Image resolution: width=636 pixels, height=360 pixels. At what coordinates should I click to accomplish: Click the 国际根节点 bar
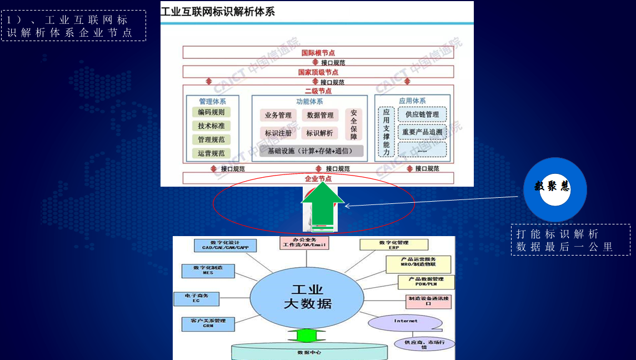click(x=318, y=53)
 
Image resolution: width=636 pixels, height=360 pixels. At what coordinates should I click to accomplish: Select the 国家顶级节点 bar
click(x=318, y=72)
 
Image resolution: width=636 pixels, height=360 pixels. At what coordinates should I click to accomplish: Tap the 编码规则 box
click(x=211, y=112)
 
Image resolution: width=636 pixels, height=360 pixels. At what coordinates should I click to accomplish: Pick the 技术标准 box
click(x=211, y=126)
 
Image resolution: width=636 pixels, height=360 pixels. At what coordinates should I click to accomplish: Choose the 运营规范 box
click(x=211, y=153)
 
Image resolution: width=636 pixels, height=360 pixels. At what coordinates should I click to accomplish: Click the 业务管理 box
click(x=278, y=116)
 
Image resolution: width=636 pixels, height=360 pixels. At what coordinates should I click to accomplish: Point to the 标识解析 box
click(x=319, y=133)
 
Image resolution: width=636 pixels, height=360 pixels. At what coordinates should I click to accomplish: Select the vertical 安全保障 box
click(x=354, y=124)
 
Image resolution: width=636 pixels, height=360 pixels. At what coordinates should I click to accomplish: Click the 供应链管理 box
click(x=422, y=114)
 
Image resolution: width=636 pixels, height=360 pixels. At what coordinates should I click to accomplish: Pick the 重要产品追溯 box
click(x=422, y=132)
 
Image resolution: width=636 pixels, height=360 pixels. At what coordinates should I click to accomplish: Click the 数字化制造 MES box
click(x=208, y=270)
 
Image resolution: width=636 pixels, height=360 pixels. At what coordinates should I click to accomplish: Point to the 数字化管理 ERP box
click(x=394, y=245)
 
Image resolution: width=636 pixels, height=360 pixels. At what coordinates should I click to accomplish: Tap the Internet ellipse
click(x=405, y=322)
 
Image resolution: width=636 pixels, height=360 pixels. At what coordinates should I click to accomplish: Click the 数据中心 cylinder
click(x=309, y=352)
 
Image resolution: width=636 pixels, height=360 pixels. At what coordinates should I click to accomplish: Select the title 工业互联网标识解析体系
click(x=218, y=11)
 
